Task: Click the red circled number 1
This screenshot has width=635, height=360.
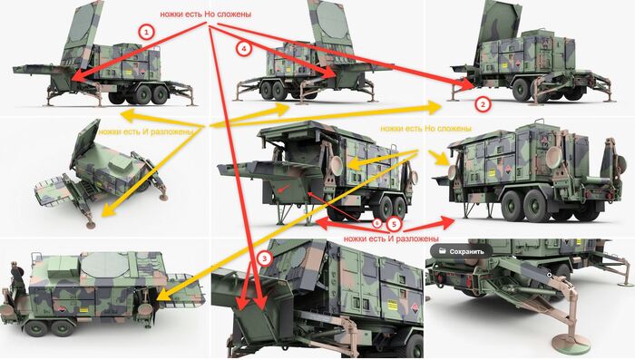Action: point(146,31)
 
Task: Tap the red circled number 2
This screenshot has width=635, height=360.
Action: point(483,104)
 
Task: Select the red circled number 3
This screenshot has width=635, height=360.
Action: point(264,258)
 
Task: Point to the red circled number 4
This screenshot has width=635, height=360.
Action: point(243,49)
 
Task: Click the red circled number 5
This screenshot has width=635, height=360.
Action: point(394,224)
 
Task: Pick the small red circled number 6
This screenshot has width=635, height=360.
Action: point(377,222)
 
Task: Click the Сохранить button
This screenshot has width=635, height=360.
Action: point(461,251)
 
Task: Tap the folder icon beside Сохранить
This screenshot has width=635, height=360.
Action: point(442,251)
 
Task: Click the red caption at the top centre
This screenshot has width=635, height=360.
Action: point(205,14)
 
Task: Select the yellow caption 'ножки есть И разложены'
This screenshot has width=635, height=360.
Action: point(145,131)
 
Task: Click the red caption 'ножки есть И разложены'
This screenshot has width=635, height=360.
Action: point(391,238)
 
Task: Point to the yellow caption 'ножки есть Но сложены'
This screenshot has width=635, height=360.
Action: point(425,129)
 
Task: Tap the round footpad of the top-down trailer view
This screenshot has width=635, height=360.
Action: point(91,225)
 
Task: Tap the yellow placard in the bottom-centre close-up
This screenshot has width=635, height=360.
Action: point(392,306)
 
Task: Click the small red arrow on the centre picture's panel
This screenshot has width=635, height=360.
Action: point(285,188)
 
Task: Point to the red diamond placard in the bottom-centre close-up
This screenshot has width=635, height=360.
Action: point(415,308)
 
